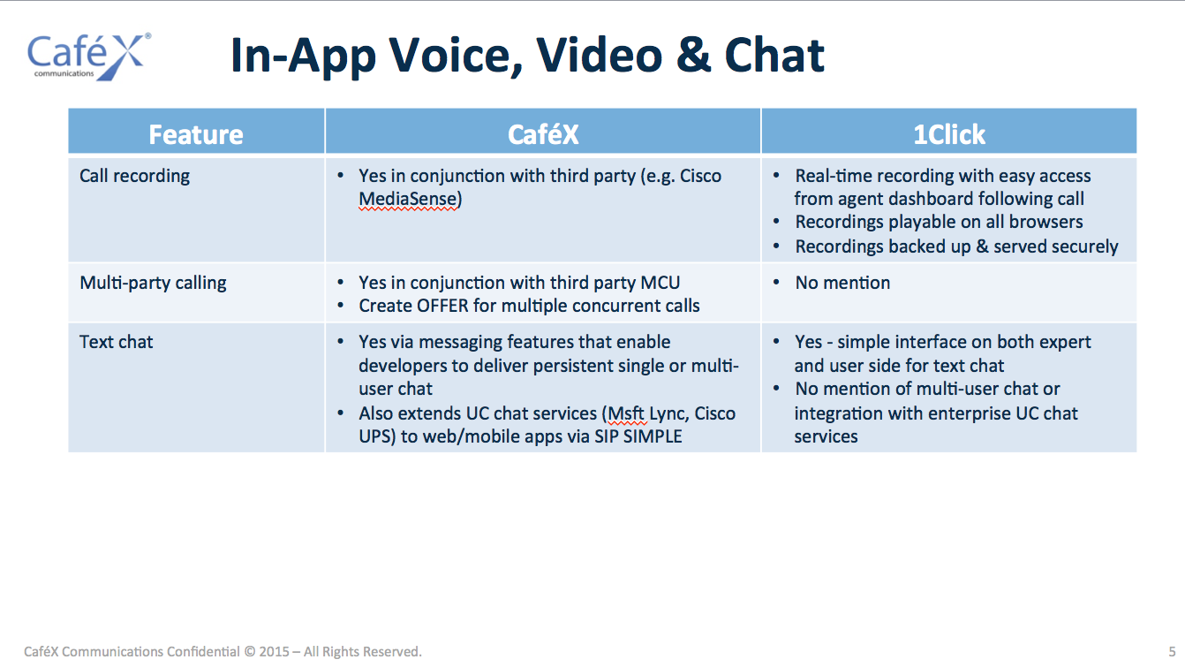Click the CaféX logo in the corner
click(x=89, y=57)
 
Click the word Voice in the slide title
click(x=456, y=55)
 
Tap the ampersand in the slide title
click(x=693, y=55)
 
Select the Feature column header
click(x=196, y=134)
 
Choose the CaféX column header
click(x=543, y=134)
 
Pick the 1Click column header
click(x=949, y=134)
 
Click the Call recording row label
click(x=134, y=177)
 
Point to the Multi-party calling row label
click(x=153, y=284)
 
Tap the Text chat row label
click(x=116, y=342)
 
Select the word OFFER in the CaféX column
click(x=442, y=306)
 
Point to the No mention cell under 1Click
click(x=842, y=283)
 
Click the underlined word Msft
click(x=625, y=413)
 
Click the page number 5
click(x=1172, y=652)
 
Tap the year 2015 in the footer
click(x=274, y=652)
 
